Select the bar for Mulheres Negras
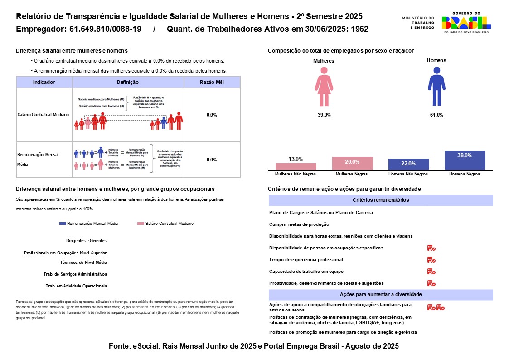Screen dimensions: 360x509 pos(352,163)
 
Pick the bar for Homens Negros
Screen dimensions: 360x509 pos(465,160)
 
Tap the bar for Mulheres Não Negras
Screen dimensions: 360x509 pos(296,166)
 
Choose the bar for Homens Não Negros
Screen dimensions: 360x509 pos(408,164)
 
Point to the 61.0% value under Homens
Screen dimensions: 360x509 pos(436,115)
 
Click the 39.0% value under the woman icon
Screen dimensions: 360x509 pos(324,115)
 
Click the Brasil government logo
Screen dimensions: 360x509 pos(466,23)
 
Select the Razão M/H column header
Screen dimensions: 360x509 pos(212,82)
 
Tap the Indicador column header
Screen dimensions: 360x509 pos(44,82)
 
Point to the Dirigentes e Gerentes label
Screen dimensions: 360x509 pos(86,241)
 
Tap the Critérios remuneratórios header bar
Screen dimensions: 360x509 pos(381,200)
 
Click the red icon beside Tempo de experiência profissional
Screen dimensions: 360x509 pos(431,260)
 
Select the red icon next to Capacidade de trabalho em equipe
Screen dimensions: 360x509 pos(431,272)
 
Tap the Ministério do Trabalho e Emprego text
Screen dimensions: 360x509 pos(418,23)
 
